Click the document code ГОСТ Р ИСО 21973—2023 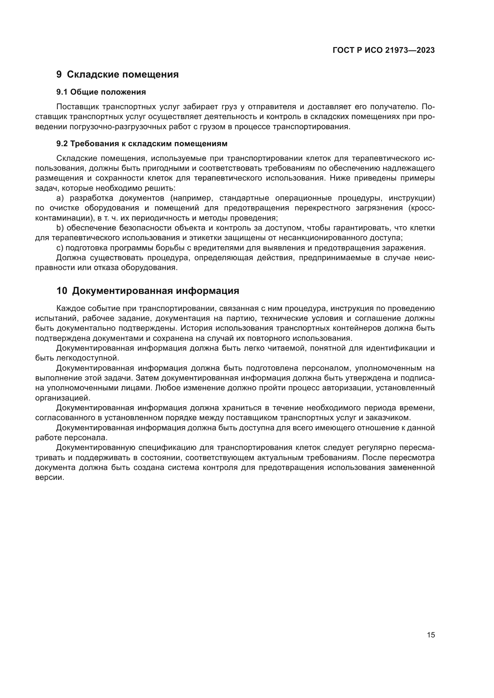click(x=383, y=50)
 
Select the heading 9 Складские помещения click(x=117, y=75)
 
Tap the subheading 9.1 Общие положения click(x=101, y=92)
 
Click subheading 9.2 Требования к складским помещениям click(x=142, y=144)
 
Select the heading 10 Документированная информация click(x=148, y=291)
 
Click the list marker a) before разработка click(x=60, y=198)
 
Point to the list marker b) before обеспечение click(x=60, y=228)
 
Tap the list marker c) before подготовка click(x=60, y=248)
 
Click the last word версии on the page click(x=50, y=477)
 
